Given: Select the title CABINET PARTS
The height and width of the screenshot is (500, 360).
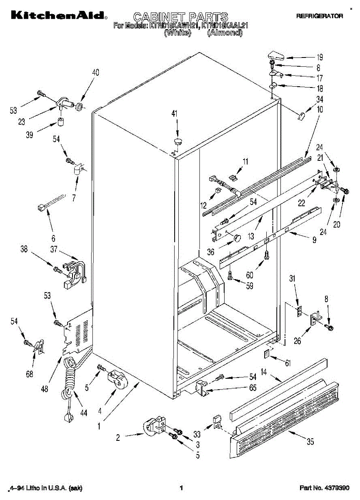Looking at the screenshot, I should (x=180, y=17).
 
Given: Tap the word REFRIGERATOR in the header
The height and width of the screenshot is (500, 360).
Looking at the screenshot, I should (x=319, y=16).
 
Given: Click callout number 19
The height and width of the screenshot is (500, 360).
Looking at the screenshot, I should (x=320, y=58).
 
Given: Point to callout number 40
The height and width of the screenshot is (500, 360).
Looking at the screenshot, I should (x=95, y=72).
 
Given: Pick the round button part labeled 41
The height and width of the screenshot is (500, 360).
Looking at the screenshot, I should (x=178, y=140).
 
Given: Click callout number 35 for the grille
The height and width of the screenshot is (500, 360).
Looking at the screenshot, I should (x=310, y=442).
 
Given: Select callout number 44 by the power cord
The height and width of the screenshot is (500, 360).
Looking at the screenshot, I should (x=84, y=413).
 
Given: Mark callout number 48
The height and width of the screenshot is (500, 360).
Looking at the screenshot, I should (x=45, y=389).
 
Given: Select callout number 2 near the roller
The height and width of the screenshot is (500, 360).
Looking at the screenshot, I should (x=118, y=437).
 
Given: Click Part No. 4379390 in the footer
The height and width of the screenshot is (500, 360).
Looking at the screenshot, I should (x=324, y=487).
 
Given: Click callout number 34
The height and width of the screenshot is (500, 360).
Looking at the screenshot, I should (x=320, y=100).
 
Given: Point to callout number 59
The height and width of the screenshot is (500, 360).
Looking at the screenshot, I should (x=249, y=287).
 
